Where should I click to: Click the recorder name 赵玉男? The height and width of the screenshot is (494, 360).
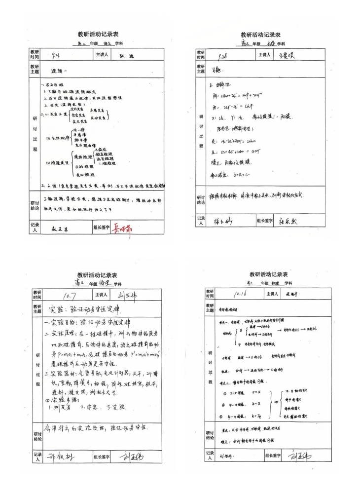pyautogui.click(x=61, y=228)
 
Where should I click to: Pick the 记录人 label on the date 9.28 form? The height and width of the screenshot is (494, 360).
pyautogui.click(x=201, y=221)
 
